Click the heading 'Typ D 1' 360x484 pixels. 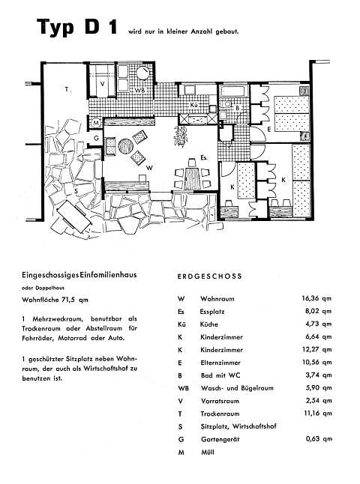pyautogui.click(x=77, y=27)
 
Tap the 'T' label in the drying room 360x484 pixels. pyautogui.click(x=67, y=89)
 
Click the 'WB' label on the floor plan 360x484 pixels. pyautogui.click(x=139, y=91)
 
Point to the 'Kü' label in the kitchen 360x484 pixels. pyautogui.click(x=194, y=105)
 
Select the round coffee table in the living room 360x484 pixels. pyautogui.click(x=126, y=145)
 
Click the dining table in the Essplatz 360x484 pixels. pyautogui.click(x=193, y=178)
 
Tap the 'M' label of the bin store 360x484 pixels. pyautogui.click(x=96, y=123)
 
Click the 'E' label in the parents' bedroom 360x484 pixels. pyautogui.click(x=269, y=130)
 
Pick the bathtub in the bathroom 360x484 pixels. pyautogui.click(x=234, y=91)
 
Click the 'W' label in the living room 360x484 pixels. pyautogui.click(x=149, y=168)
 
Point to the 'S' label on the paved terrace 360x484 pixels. pyautogui.click(x=76, y=191)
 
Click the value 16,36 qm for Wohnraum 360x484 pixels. pyautogui.click(x=316, y=298)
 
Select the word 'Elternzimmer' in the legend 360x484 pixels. pyautogui.click(x=220, y=363)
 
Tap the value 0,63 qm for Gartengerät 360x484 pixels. pyautogui.click(x=319, y=438)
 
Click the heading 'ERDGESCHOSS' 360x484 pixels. pyautogui.click(x=209, y=276)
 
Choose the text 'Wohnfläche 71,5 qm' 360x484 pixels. pyautogui.click(x=55, y=300)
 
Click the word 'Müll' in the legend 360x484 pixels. pyautogui.click(x=208, y=453)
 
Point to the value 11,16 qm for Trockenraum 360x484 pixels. pyautogui.click(x=318, y=413)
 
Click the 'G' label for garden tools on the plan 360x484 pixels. pyautogui.click(x=96, y=139)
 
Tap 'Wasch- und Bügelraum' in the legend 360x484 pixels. pyautogui.click(x=237, y=388)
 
